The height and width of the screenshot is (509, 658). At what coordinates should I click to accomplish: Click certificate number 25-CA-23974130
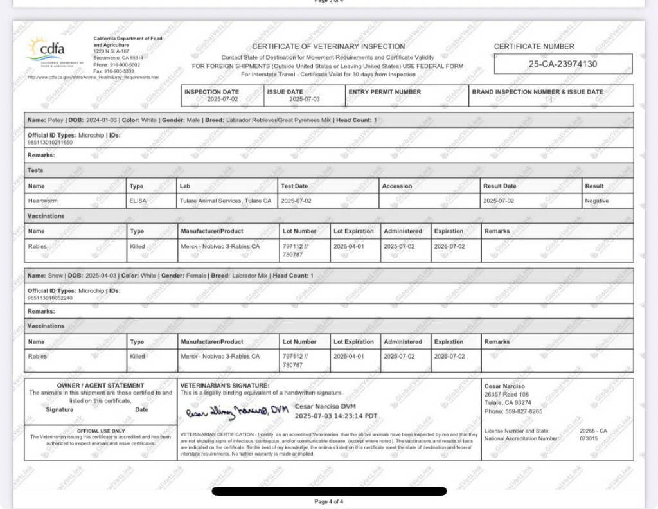[x=562, y=64]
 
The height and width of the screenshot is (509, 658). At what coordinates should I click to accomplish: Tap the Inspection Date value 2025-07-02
[x=222, y=99]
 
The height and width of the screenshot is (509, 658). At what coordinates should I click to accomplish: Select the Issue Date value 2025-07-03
[x=304, y=99]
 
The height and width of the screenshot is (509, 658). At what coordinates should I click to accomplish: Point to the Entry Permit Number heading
[x=384, y=92]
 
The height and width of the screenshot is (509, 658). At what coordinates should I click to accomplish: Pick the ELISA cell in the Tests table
[x=138, y=201]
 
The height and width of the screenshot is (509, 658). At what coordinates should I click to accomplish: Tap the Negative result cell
[x=596, y=201]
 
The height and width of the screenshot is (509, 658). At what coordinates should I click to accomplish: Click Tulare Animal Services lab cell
[x=226, y=201]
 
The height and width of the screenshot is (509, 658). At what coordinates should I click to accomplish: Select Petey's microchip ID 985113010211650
[x=50, y=142]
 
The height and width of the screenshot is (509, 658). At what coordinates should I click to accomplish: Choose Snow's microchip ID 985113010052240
[x=50, y=298]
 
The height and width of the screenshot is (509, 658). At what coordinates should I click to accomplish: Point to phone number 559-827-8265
[x=513, y=411]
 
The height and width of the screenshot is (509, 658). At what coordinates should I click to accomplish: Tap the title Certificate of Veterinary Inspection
[x=328, y=46]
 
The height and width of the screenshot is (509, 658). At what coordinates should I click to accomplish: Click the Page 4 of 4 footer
[x=328, y=501]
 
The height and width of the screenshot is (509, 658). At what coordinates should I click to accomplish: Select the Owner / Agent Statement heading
[x=100, y=386]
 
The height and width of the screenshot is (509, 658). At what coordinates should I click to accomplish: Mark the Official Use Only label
[x=101, y=431]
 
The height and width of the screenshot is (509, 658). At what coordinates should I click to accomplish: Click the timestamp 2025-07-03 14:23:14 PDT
[x=336, y=416]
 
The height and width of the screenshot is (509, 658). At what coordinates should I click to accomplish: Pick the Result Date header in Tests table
[x=499, y=186]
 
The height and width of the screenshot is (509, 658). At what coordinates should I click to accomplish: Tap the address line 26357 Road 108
[x=506, y=395]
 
